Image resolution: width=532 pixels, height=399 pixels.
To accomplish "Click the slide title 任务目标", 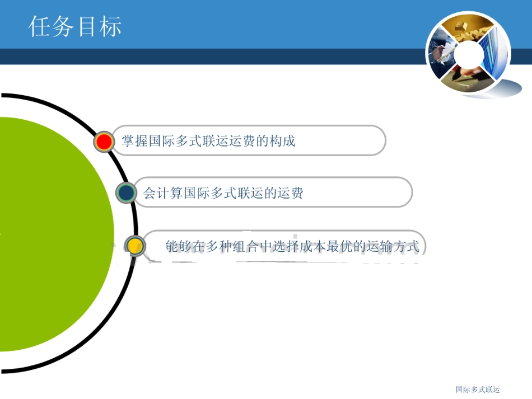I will click(75, 26).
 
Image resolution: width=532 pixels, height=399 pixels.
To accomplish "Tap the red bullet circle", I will click(104, 142).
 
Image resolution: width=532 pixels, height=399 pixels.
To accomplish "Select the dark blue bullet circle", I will click(127, 193).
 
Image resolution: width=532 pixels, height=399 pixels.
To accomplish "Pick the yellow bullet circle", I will click(134, 246).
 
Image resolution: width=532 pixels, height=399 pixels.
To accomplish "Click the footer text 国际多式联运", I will click(477, 389).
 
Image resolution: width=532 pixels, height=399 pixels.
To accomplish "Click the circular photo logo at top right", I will click(468, 54).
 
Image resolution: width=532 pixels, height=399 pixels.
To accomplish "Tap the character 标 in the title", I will click(110, 26).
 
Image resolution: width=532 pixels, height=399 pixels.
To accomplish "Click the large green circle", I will click(50, 235).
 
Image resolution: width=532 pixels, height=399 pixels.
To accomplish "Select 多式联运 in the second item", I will click(236, 194).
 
